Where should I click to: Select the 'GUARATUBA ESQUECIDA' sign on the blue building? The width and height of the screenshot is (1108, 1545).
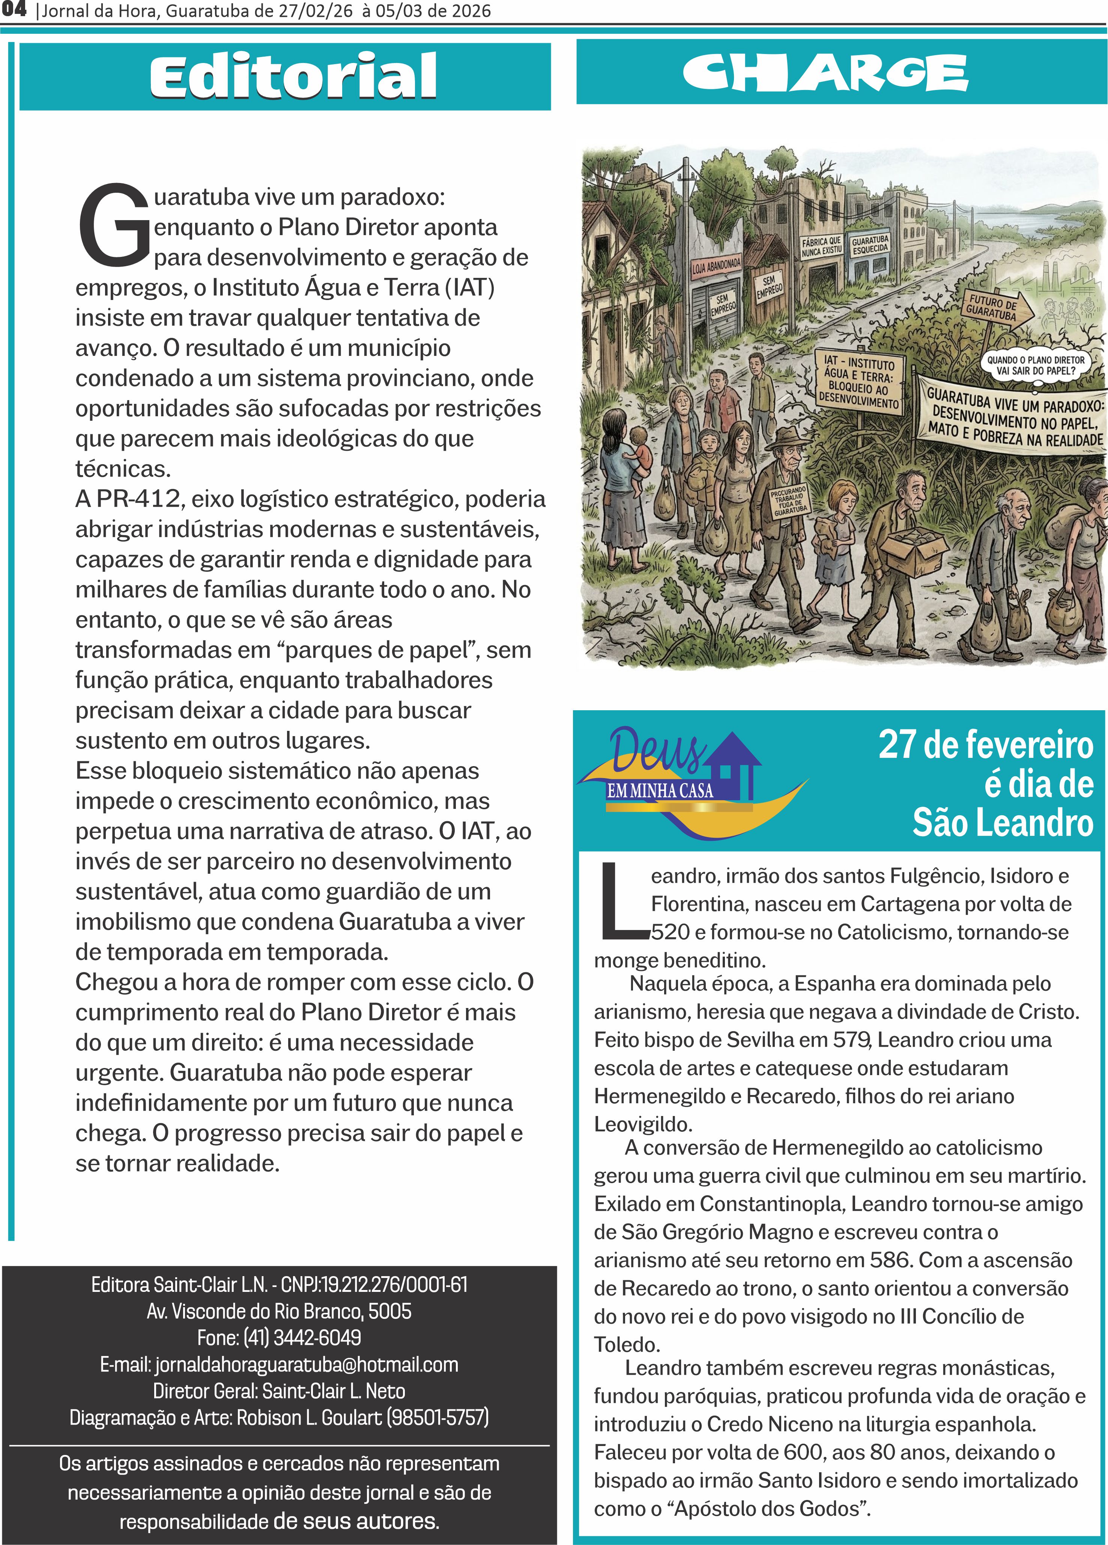click(x=870, y=244)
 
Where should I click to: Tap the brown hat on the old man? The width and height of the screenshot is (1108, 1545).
click(x=784, y=436)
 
